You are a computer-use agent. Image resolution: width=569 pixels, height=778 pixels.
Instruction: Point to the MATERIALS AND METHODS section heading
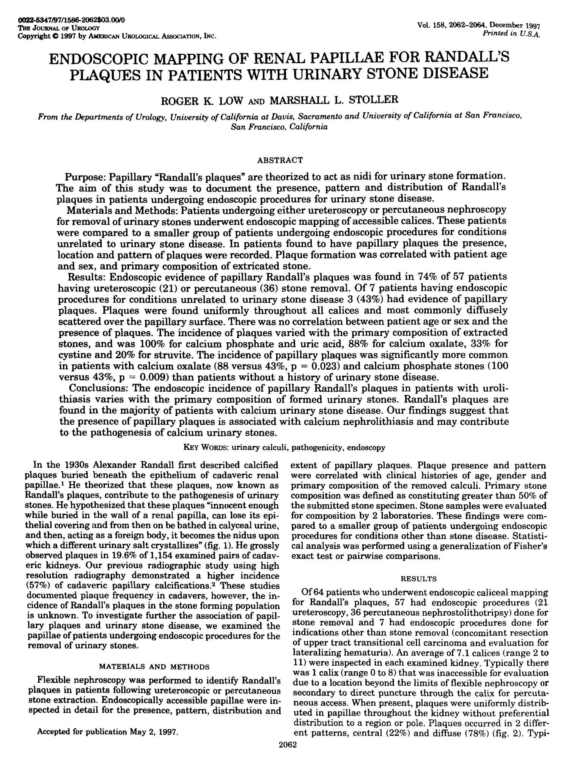(x=154, y=666)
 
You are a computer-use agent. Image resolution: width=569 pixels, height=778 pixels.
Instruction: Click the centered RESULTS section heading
(x=419, y=579)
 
